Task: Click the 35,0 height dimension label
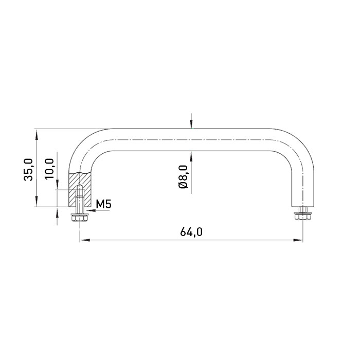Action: [29, 170]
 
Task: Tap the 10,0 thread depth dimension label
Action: [49, 169]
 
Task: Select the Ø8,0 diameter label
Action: [183, 176]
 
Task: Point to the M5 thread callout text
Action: [103, 204]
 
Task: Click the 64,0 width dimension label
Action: [191, 232]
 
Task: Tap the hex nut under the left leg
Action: [80, 217]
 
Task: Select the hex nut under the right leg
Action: [302, 216]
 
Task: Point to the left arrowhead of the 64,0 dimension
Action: [84, 240]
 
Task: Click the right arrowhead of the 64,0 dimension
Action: [298, 240]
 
